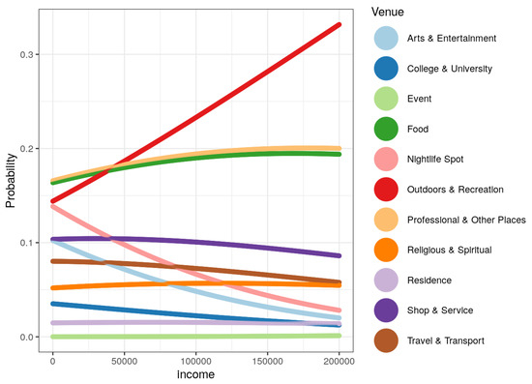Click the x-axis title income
[x=195, y=374]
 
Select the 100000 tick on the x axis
[x=195, y=360]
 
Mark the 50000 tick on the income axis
[x=124, y=360]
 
